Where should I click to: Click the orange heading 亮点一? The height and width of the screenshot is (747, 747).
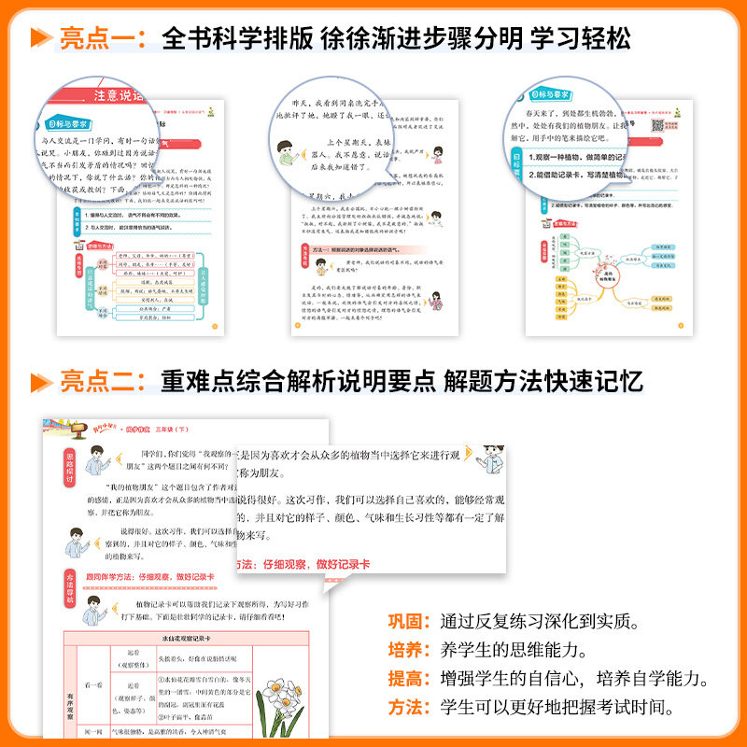[99, 39]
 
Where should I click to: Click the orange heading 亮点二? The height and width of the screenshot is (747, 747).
[99, 382]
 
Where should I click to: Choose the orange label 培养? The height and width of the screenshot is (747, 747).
[407, 649]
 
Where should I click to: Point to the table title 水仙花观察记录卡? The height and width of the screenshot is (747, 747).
[180, 639]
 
